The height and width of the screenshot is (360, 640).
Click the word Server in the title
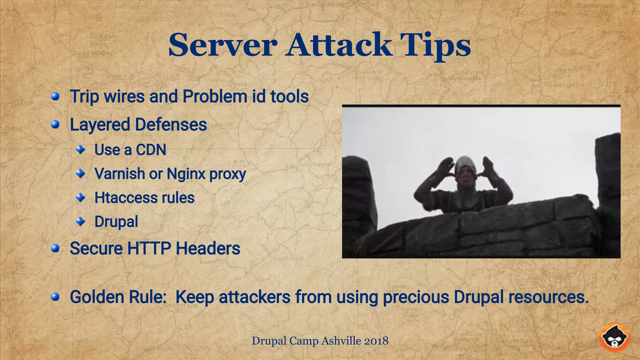[x=222, y=45]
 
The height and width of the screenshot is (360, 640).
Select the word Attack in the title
[x=339, y=45]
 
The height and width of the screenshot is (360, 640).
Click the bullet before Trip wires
[x=55, y=96]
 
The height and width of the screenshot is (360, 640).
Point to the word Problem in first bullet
[x=215, y=96]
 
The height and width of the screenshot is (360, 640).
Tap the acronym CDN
[x=151, y=150]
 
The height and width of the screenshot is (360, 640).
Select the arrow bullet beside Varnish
[x=81, y=173]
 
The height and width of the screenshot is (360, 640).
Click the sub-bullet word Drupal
[x=116, y=222]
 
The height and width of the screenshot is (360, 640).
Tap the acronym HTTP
[x=149, y=249]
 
